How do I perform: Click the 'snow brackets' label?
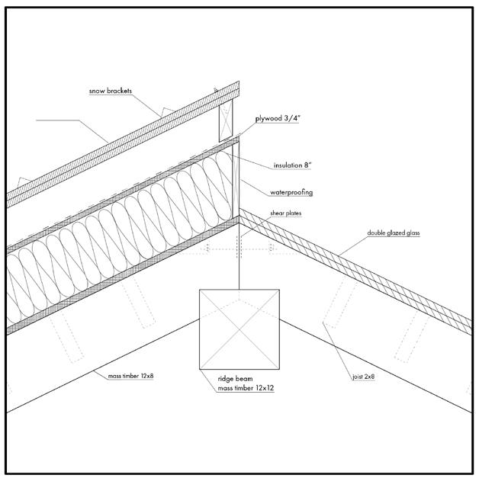click(111, 91)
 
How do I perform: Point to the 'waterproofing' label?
click(291, 192)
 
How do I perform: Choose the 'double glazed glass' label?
click(394, 233)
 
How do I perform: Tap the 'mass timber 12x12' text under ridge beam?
click(240, 388)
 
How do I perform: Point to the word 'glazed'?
click(395, 233)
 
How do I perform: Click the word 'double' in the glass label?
click(376, 233)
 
